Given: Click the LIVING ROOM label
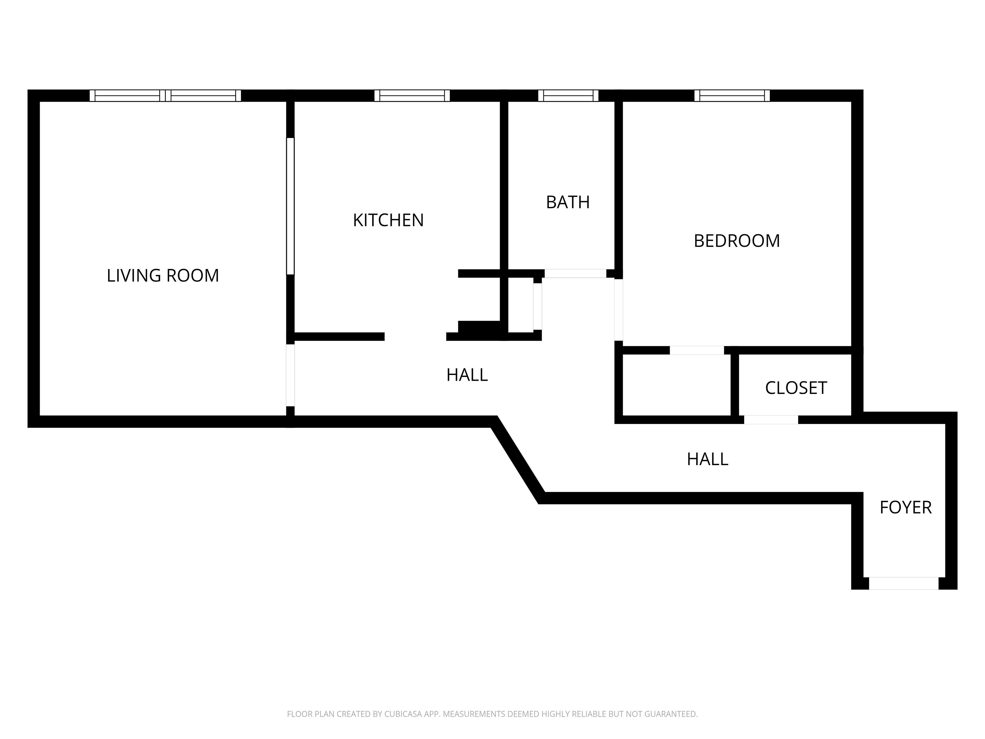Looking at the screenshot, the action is point(163,276).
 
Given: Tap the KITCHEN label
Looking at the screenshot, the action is point(388,220).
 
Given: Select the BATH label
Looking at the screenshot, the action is point(568,202).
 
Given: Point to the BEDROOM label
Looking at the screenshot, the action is point(737,241).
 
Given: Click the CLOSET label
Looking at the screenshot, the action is point(796,388).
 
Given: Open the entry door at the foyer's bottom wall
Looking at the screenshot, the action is point(904,583).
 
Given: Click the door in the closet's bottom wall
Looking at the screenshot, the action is point(771,420).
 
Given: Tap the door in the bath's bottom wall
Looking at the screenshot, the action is point(575,274).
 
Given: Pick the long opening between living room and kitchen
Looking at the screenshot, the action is point(290,206).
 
